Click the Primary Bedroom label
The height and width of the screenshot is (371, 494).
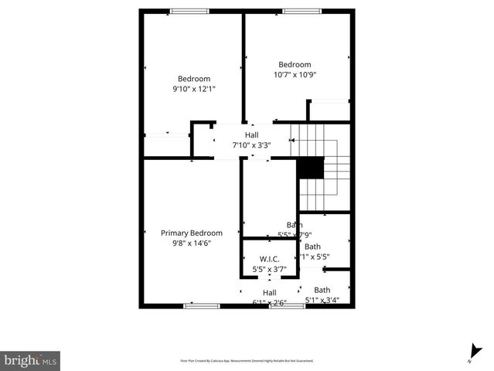[192, 233]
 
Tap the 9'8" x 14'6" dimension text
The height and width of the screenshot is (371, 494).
[192, 243]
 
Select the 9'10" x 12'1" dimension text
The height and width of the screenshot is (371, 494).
[194, 89]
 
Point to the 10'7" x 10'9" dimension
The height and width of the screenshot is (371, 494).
[295, 75]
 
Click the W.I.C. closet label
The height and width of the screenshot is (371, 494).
[269, 259]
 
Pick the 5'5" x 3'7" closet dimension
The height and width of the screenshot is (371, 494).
[269, 270]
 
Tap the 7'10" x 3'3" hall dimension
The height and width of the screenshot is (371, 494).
[251, 145]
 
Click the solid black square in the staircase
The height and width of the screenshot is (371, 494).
[311, 168]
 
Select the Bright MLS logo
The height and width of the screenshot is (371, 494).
[30, 360]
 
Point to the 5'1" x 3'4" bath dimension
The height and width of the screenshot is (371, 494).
[322, 300]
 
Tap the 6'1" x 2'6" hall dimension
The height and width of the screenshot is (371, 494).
[269, 303]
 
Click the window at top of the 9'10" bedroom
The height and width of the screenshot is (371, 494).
[189, 11]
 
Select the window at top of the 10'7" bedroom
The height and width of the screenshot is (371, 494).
[302, 11]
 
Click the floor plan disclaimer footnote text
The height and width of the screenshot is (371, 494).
[247, 361]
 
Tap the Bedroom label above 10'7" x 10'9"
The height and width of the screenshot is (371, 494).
[295, 65]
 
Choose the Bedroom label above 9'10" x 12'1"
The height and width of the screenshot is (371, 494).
[194, 79]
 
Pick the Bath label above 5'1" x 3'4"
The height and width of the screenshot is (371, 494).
[322, 290]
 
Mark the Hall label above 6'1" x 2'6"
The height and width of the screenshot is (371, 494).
[269, 293]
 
